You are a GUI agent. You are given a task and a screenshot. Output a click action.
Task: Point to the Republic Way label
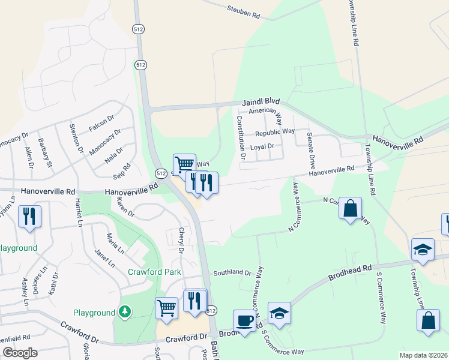(274, 132)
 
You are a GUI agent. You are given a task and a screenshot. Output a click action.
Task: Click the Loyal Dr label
(262, 146)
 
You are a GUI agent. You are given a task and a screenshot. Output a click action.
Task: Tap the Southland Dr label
(232, 272)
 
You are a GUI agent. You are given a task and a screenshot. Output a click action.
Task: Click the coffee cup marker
(244, 320)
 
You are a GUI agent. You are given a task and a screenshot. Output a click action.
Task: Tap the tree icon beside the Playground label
(124, 311)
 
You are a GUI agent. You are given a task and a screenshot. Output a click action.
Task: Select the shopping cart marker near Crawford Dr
(166, 308)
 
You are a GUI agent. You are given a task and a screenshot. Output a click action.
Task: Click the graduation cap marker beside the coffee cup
(279, 313)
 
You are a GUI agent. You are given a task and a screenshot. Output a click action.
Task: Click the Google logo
(20, 352)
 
